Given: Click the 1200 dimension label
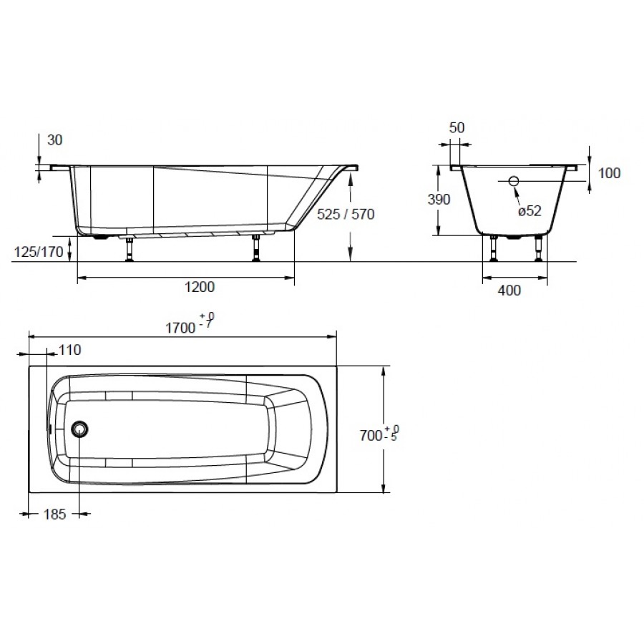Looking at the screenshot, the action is [x=200, y=287].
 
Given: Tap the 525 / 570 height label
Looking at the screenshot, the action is [x=346, y=214].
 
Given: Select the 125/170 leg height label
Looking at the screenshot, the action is [x=39, y=251].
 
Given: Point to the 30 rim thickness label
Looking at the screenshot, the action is [x=54, y=140].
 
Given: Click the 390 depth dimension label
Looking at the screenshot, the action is [x=439, y=199].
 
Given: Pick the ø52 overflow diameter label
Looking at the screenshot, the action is [x=530, y=210].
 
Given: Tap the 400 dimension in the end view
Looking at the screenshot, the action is [x=509, y=291].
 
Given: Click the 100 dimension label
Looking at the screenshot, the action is [x=609, y=173].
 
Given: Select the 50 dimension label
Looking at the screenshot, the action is [x=457, y=128].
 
